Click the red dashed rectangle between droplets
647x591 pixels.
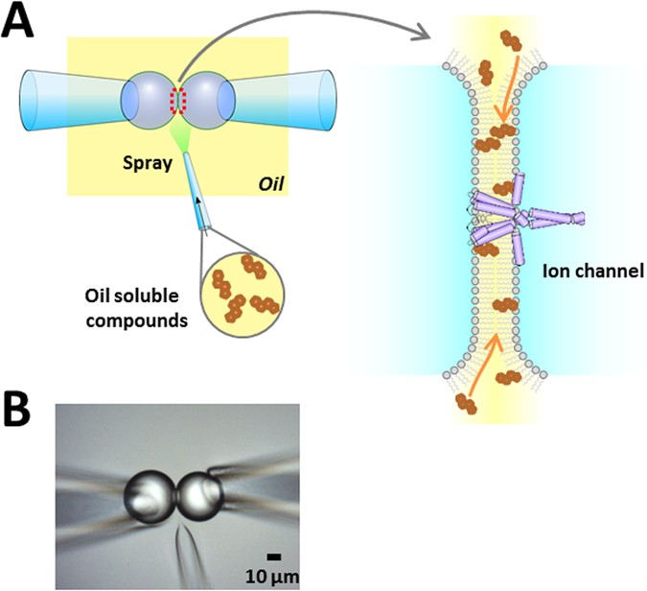click(x=175, y=99)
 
